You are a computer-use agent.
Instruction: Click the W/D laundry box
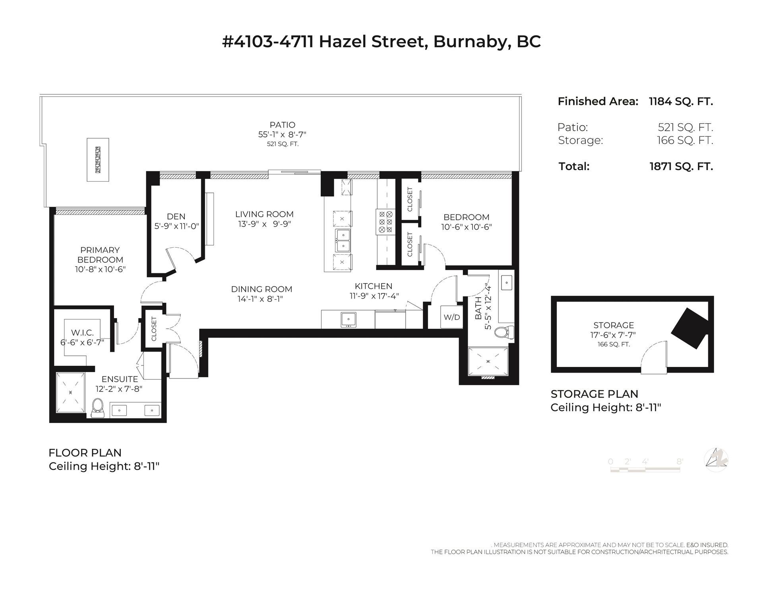coord(451,317)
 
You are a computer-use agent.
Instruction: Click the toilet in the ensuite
coord(97,408)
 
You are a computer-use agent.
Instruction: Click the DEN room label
coord(176,217)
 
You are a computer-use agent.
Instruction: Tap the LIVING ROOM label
coord(264,214)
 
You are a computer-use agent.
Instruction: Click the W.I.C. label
coord(82,332)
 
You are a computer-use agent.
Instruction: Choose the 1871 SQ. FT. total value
coord(681,166)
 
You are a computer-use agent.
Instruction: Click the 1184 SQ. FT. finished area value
coord(681,101)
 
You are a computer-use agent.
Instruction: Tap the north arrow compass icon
coord(716,460)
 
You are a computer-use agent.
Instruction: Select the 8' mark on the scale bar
coord(680,462)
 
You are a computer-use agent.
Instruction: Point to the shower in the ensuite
coord(71,393)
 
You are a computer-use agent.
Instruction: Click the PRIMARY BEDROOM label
coord(100,255)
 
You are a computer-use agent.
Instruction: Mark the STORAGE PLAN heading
coord(594,394)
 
